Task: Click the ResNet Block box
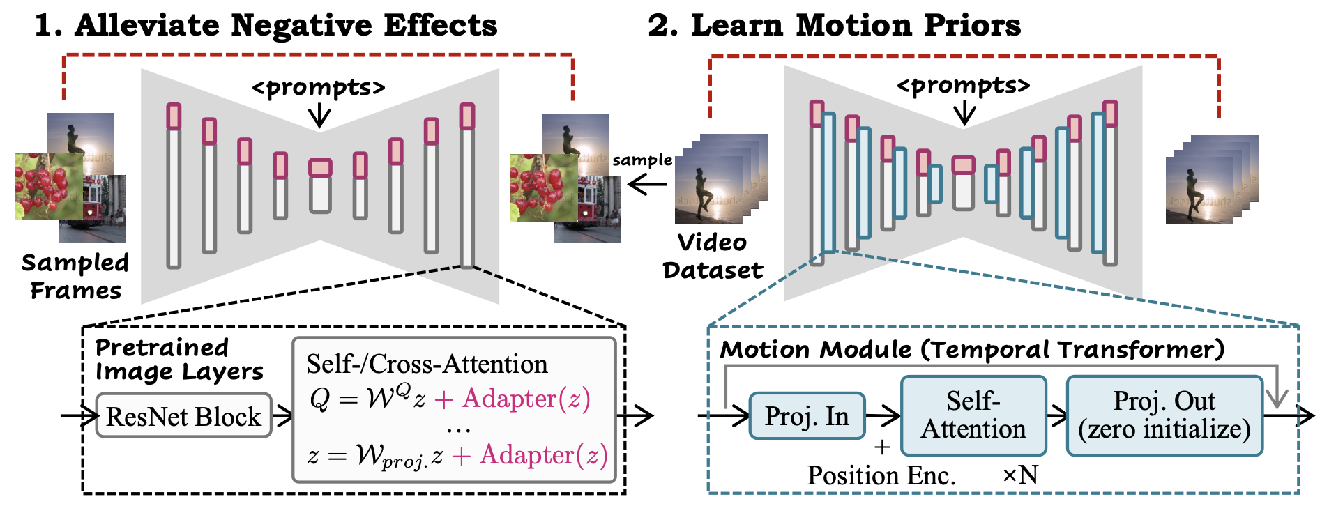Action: [183, 416]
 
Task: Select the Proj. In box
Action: [807, 416]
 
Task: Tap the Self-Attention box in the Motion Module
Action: [973, 415]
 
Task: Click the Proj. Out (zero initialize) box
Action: [1164, 415]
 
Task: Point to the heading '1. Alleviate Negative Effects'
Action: [266, 25]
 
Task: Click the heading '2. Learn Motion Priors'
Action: [835, 25]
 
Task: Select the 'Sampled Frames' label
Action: [75, 276]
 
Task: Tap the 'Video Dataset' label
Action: [713, 256]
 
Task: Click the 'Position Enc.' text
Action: [881, 475]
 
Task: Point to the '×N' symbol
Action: [1020, 475]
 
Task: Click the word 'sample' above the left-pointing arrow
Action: [642, 160]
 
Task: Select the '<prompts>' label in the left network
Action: [319, 88]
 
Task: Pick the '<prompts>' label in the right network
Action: [964, 86]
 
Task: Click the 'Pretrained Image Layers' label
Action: [179, 359]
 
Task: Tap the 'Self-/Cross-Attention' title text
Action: [427, 364]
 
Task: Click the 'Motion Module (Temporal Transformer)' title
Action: [972, 349]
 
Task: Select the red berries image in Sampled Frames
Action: [49, 186]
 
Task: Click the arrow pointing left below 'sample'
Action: [647, 185]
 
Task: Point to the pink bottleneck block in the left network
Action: [320, 167]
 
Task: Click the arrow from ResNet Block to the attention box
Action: [282, 416]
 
